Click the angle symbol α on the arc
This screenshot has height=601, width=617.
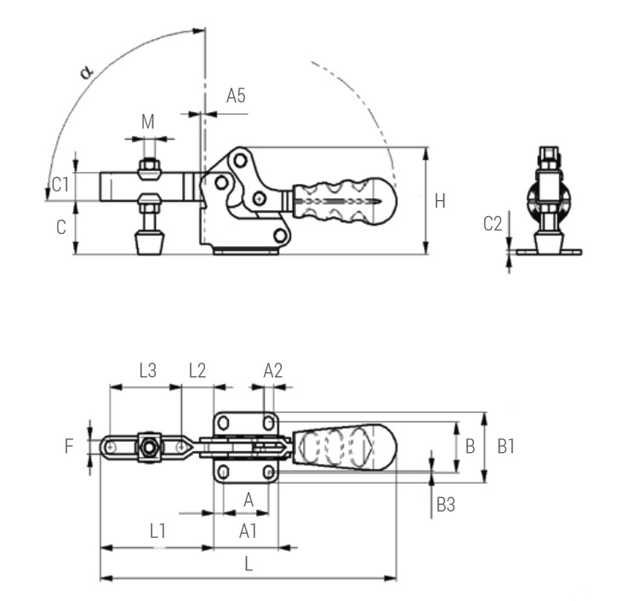(86, 71)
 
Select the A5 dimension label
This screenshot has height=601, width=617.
(236, 96)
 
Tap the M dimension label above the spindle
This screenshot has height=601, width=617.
(148, 122)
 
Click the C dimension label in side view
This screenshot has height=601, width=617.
(60, 227)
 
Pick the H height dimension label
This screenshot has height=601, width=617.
(439, 201)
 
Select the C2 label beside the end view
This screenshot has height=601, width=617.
(493, 224)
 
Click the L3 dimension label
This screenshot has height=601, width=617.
(147, 370)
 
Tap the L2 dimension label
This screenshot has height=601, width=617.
(197, 370)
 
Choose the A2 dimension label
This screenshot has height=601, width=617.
(272, 370)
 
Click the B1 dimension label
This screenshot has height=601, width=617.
(506, 445)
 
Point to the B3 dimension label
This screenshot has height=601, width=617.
(445, 505)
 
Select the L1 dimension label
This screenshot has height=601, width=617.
(157, 531)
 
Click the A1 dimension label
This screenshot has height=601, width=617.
(248, 531)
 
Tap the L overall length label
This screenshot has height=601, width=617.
(249, 564)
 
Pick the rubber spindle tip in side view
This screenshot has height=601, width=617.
(150, 245)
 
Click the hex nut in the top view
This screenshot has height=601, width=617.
(150, 447)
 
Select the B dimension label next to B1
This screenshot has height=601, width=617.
(470, 445)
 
